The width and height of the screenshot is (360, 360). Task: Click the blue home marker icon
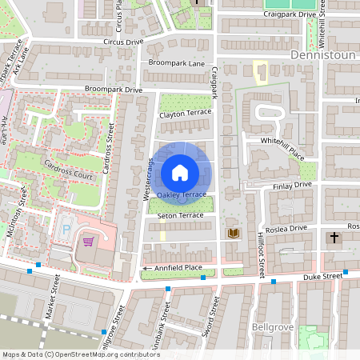pos(180,172)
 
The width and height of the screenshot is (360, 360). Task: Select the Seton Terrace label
pos(181,216)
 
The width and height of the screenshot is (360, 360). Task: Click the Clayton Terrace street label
pos(186,113)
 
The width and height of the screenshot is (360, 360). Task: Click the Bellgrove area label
pos(274,327)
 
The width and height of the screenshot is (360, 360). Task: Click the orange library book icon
pos(234,233)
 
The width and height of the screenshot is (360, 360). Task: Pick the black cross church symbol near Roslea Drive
pos(334,238)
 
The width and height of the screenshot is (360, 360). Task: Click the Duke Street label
pos(322,276)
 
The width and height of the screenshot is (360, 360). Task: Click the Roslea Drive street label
pos(287,228)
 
